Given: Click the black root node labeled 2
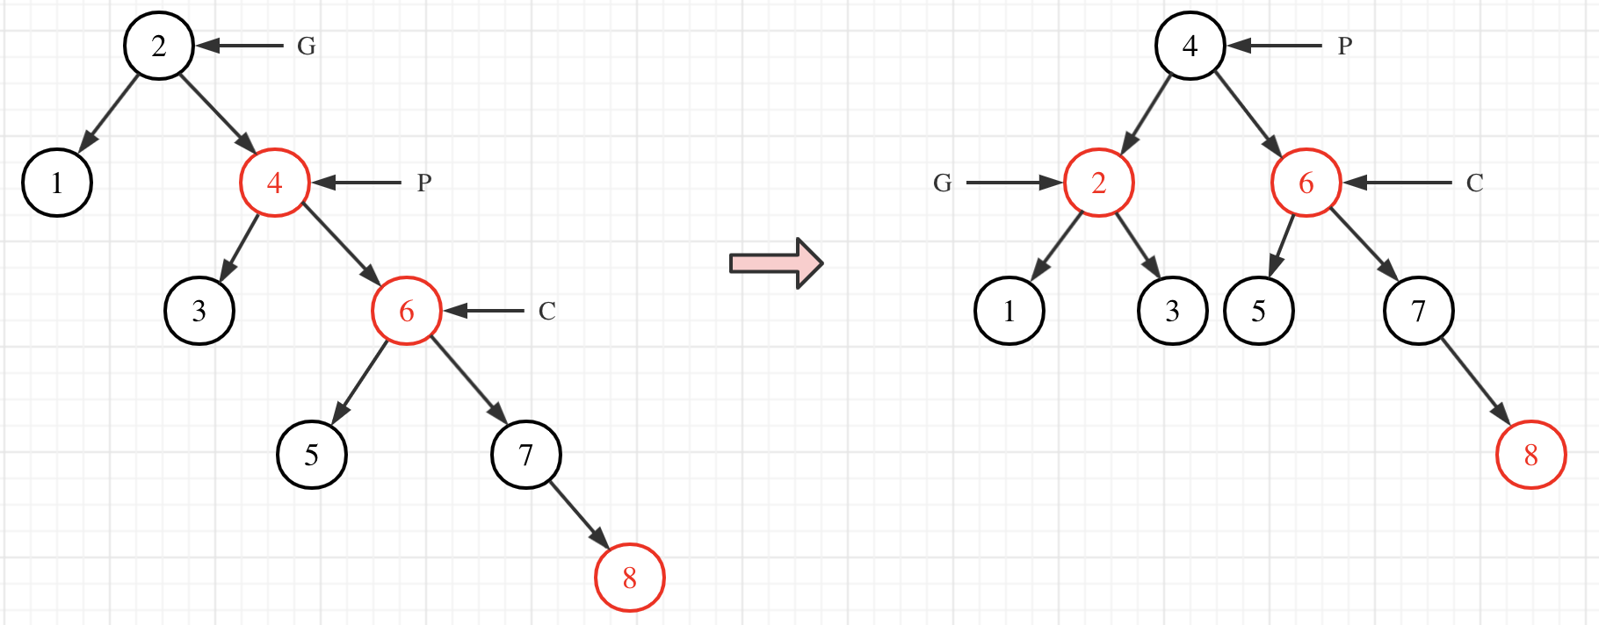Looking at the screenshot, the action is (158, 46).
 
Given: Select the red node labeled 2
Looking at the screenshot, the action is (1098, 183).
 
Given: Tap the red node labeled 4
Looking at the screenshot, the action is (274, 183).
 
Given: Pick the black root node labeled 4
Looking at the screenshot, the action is (1190, 46).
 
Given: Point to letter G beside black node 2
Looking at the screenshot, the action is (306, 46).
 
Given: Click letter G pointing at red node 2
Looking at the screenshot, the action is (942, 183).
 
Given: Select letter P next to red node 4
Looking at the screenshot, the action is (423, 183).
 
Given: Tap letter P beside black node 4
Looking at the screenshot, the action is (1344, 46).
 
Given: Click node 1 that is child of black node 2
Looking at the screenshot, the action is (57, 183).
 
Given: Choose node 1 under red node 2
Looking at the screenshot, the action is (1009, 311).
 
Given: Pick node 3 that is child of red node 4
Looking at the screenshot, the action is (199, 311).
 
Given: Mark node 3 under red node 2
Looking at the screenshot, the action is (1172, 311).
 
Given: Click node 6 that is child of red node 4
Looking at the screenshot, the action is (406, 311).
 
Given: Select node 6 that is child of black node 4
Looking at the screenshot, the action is (1306, 183).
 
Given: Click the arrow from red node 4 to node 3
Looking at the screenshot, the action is (239, 247).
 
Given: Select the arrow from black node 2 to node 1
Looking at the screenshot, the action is (110, 113).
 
